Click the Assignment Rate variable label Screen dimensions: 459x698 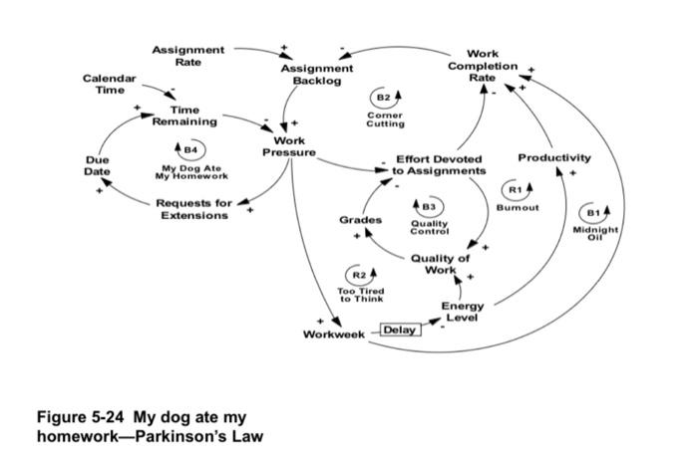187,56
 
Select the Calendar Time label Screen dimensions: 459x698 109,84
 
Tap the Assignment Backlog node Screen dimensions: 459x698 310,75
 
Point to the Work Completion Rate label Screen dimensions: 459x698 483,66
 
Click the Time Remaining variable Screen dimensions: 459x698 183,115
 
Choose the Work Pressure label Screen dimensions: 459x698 288,147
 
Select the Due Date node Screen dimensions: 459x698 97,165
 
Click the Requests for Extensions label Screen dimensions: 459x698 194,209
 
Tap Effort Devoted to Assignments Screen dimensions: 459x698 439,165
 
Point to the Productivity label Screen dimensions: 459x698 554,157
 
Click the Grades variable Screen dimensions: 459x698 360,219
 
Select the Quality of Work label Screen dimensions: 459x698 440,264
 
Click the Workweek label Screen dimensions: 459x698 334,334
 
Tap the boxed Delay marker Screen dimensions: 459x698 400,330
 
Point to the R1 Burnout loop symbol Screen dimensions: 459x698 517,188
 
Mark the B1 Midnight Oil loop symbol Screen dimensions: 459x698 595,213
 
